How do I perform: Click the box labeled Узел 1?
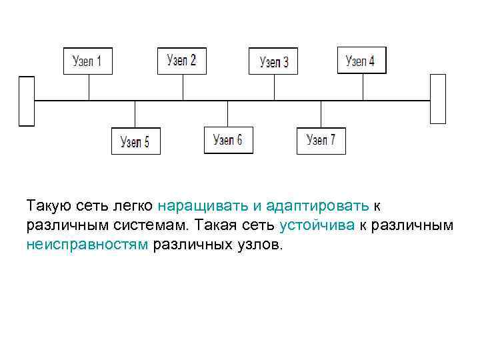[x=87, y=61]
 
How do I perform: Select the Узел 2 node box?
[x=182, y=61]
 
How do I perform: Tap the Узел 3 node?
[x=273, y=61]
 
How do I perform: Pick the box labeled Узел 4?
[x=361, y=61]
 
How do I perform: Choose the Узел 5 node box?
[x=135, y=141]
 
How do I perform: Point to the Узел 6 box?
[x=228, y=140]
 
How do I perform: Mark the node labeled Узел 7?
[x=321, y=140]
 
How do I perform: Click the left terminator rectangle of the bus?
[x=26, y=101]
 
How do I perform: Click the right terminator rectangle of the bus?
[x=437, y=99]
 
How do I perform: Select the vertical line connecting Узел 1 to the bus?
[x=89, y=87]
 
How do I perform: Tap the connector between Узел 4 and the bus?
[x=363, y=87]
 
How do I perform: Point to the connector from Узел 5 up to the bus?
[x=135, y=114]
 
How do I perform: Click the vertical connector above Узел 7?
[x=321, y=113]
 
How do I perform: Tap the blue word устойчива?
[x=317, y=225]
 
